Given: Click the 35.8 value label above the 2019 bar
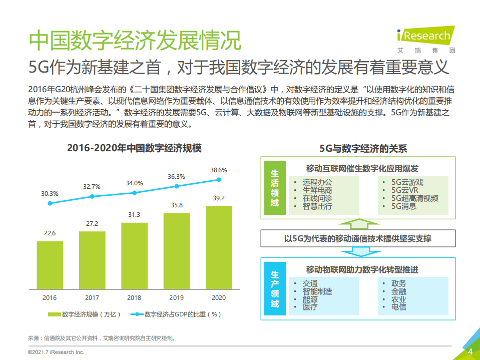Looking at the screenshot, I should point(176,205).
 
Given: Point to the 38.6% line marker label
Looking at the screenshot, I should point(218,170).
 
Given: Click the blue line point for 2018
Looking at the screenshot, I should point(134,193).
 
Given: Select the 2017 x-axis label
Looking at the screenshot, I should point(92,297).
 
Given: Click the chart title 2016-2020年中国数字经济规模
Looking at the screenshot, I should point(134,148).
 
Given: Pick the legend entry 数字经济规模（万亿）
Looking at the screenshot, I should point(85,314).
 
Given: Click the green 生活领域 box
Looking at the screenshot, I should point(275,188).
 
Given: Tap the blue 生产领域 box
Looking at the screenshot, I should point(275,289).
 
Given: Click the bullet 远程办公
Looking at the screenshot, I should point(317,183).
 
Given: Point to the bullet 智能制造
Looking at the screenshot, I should point(317,291).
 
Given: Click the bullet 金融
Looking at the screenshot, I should point(399,291).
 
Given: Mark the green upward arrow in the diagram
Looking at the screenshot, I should point(357,223).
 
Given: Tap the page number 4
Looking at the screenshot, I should point(470,351).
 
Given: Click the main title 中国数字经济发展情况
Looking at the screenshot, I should point(135,41).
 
